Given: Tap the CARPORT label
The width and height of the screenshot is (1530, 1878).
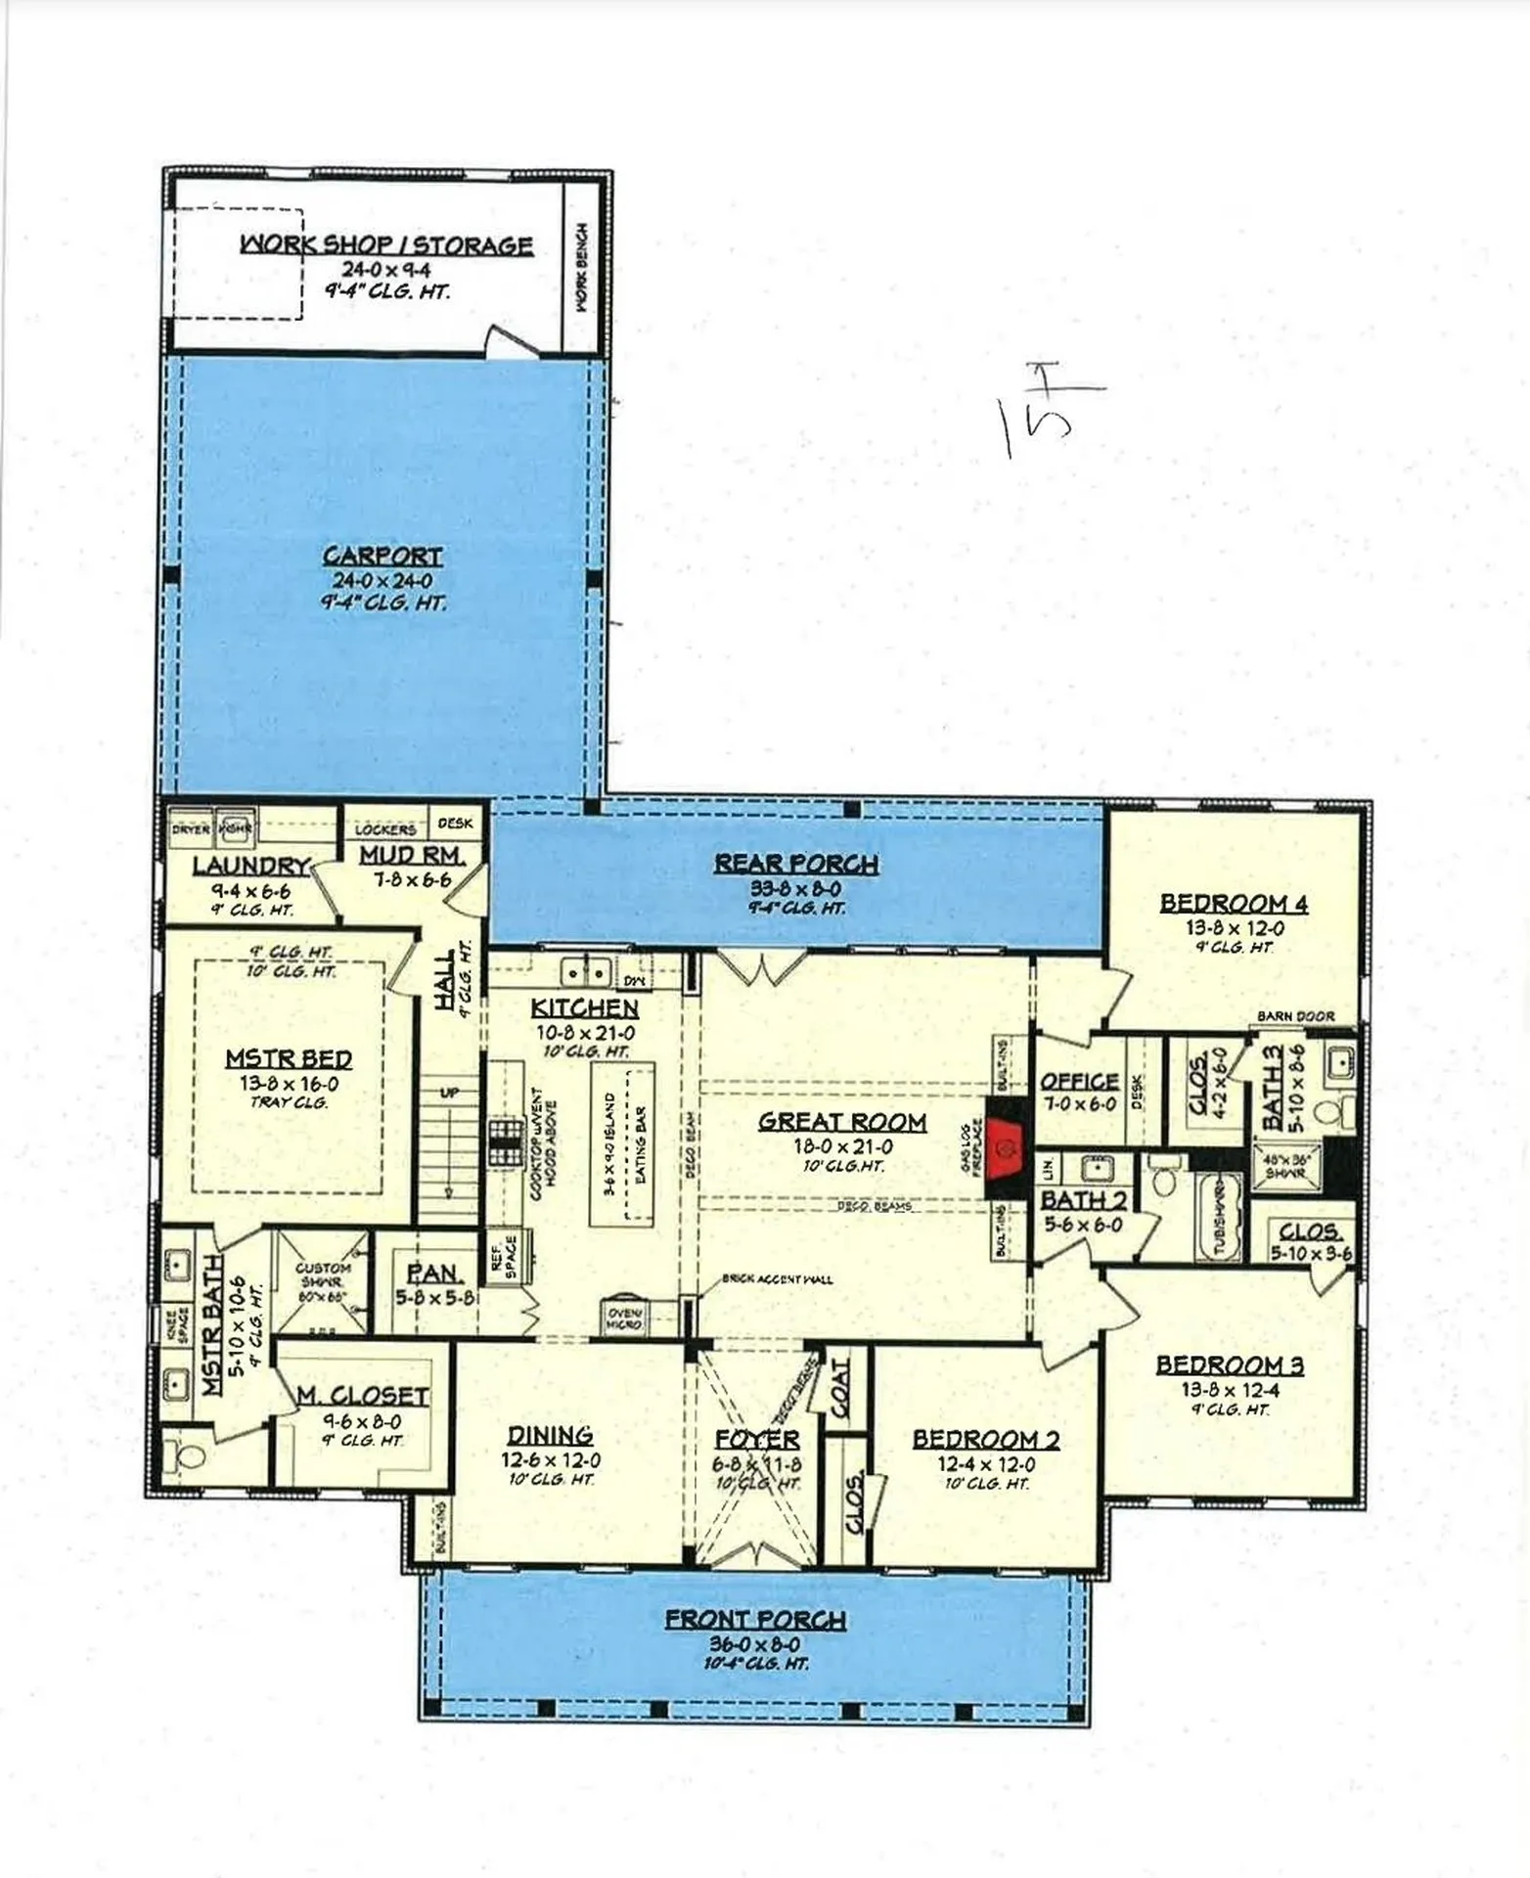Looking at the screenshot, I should click(x=382, y=556).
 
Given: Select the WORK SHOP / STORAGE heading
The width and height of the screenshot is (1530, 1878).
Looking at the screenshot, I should click(x=386, y=245).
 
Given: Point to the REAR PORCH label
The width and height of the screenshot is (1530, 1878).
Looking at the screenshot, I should click(x=795, y=864).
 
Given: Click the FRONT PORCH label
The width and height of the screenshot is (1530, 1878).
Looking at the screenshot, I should click(x=755, y=1620).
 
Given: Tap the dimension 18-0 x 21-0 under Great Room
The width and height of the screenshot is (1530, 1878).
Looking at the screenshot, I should click(x=842, y=1146).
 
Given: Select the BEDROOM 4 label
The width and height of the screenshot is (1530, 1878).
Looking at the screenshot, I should click(x=1234, y=903).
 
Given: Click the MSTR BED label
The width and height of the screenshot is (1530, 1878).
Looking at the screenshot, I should click(x=289, y=1058).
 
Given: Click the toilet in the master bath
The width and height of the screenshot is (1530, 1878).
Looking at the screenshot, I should click(x=186, y=1456).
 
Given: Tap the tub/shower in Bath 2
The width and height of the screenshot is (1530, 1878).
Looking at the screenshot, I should click(x=1218, y=1217).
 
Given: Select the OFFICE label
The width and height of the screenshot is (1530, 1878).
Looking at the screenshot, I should click(x=1079, y=1081).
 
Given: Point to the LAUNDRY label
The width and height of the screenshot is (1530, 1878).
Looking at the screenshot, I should click(x=250, y=866).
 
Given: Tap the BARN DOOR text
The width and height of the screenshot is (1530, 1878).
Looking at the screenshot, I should click(x=1295, y=1016).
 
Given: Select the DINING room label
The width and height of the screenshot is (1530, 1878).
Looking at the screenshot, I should click(x=550, y=1435).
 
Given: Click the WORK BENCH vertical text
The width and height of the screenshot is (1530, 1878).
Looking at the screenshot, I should click(x=582, y=267).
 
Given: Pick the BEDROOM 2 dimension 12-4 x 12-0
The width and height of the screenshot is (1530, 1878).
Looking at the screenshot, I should click(x=985, y=1464).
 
